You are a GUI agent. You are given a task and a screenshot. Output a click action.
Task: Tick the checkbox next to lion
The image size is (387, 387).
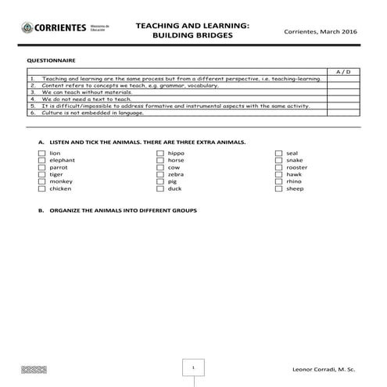pyautogui.click(x=42, y=153)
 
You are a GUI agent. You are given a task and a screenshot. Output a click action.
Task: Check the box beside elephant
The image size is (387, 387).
pyautogui.click(x=42, y=160)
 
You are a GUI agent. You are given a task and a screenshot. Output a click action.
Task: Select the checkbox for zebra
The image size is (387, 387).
pyautogui.click(x=161, y=174)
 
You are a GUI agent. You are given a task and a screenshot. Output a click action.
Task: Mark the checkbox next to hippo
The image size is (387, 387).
pyautogui.click(x=161, y=153)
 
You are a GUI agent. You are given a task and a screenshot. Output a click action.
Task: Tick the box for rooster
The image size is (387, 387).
pyautogui.click(x=279, y=167)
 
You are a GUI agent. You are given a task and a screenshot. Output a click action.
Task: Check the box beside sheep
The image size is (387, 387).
pyautogui.click(x=279, y=188)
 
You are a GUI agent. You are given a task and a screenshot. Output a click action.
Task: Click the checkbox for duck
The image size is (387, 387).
pyautogui.click(x=161, y=188)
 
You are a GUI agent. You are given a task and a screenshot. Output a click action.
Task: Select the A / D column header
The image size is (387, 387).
pyautogui.click(x=342, y=72)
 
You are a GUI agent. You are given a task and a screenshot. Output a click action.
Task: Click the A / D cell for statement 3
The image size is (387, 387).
pyautogui.click(x=342, y=92)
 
